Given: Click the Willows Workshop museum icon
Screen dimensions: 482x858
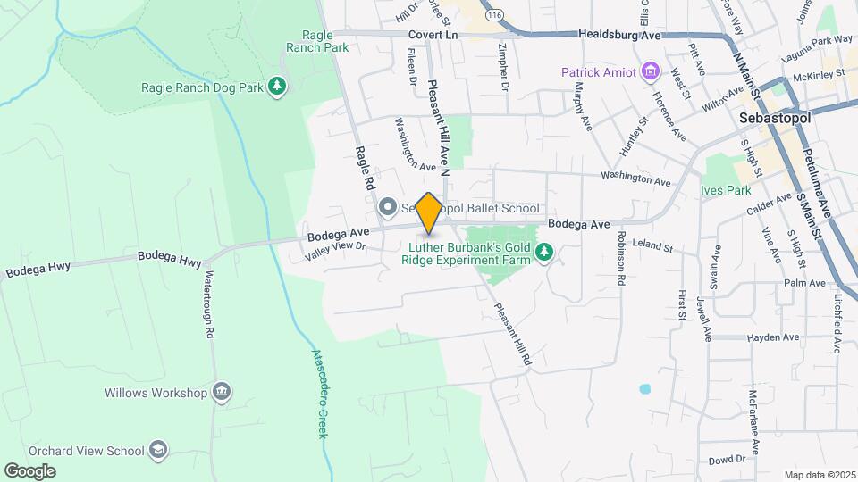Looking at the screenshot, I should tap(222, 392).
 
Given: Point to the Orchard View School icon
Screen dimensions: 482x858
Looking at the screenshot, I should tap(158, 450).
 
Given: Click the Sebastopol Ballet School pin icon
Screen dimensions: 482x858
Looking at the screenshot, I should tap(387, 208).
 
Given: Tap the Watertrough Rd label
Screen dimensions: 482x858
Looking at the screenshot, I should tap(210, 304).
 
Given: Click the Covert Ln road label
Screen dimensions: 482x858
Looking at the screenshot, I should tap(433, 34).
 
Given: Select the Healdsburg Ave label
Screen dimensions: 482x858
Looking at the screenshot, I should tap(618, 35).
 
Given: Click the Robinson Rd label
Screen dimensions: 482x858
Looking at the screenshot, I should tap(620, 259).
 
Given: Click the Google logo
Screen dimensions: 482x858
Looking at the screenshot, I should tap(29, 470).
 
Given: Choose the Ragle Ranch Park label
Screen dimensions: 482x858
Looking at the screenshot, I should tap(317, 41).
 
